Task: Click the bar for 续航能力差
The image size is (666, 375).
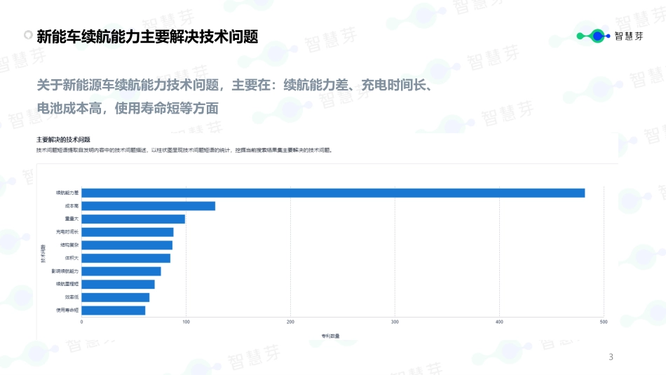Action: pyautogui.click(x=333, y=193)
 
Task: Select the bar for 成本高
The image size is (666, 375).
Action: pyautogui.click(x=149, y=206)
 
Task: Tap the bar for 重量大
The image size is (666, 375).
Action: pyautogui.click(x=133, y=219)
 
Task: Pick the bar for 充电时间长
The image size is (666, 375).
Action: pyautogui.click(x=128, y=232)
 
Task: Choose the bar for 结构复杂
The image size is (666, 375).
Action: pyautogui.click(x=127, y=245)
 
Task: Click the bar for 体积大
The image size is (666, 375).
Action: pyautogui.click(x=126, y=258)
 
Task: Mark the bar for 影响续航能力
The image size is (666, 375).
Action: pyautogui.click(x=121, y=271)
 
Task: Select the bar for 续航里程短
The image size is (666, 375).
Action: pyautogui.click(x=118, y=284)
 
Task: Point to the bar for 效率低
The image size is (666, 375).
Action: pyautogui.click(x=116, y=297)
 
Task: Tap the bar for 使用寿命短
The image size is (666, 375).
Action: pyautogui.click(x=114, y=311)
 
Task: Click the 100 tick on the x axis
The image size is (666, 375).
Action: pyautogui.click(x=186, y=322)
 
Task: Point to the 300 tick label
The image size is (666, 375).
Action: pyautogui.click(x=395, y=322)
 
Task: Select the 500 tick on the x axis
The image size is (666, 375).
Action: pyautogui.click(x=604, y=322)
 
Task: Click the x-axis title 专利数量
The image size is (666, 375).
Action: pyautogui.click(x=330, y=336)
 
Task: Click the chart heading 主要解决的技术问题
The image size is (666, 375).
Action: pyautogui.click(x=64, y=140)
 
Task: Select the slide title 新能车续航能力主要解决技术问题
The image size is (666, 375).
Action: pyautogui.click(x=147, y=36)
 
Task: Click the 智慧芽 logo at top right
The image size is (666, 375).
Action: pyautogui.click(x=609, y=36)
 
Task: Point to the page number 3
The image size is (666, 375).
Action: pyautogui.click(x=611, y=357)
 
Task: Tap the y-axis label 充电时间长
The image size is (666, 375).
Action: pyautogui.click(x=67, y=232)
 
